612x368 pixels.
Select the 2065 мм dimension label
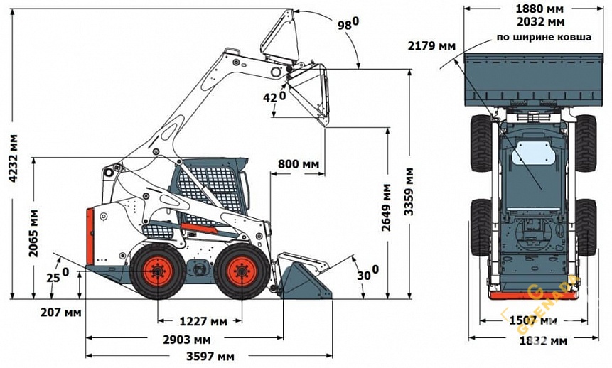click(34, 232)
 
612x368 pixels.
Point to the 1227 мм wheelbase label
click(204, 321)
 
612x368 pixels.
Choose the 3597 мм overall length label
click(211, 356)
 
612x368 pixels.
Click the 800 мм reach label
click(298, 164)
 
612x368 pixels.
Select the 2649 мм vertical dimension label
click(387, 207)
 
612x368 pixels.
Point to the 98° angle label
click(348, 24)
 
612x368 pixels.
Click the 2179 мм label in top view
click(431, 46)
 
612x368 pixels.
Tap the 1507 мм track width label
click(528, 320)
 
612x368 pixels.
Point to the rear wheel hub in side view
click(156, 271)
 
